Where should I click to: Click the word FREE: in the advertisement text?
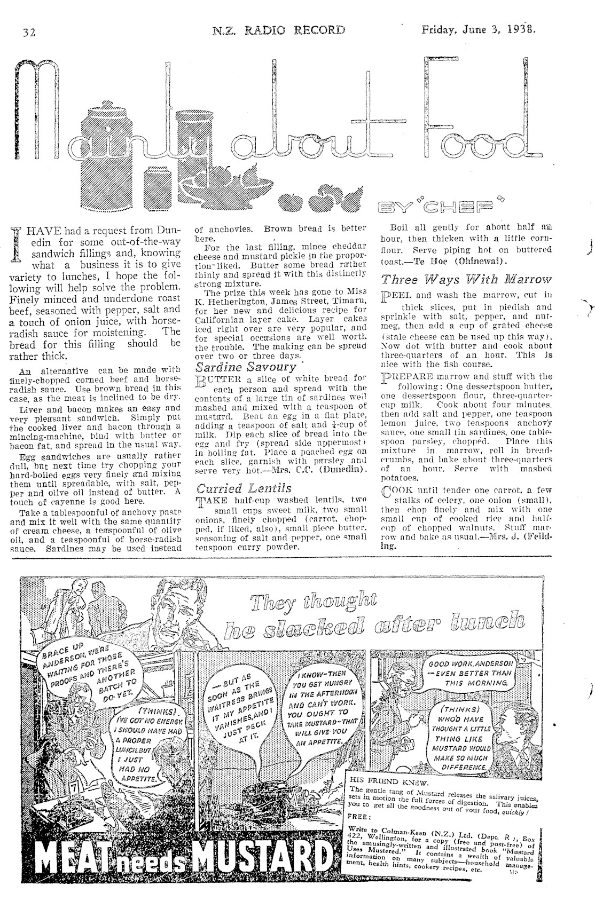[358, 816]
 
